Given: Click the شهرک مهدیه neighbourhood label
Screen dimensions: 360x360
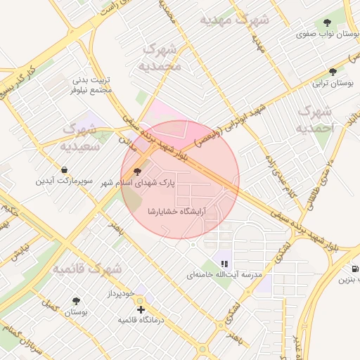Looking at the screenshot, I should (234, 20).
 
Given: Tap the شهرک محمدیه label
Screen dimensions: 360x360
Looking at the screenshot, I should (162, 57).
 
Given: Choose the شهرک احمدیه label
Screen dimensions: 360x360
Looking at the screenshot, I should (315, 120).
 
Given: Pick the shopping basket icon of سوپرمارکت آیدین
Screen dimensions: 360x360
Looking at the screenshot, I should (65, 169).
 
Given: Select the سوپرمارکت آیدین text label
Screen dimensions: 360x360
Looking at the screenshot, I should (65, 181).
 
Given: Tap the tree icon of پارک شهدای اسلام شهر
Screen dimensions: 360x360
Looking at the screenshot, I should (136, 171).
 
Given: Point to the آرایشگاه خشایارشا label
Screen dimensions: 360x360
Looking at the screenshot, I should (176, 211).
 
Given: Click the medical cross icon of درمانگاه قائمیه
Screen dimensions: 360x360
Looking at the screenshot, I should (141, 309).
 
